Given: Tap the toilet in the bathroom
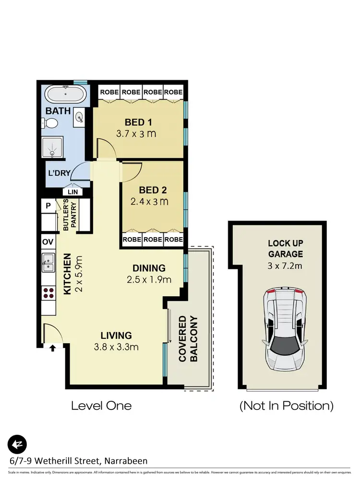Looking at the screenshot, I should pyautogui.click(x=51, y=124).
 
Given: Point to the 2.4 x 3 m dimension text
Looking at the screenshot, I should pyautogui.click(x=149, y=202).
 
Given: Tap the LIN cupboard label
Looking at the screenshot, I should pyautogui.click(x=72, y=192).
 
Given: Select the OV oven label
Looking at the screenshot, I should pyautogui.click(x=48, y=241).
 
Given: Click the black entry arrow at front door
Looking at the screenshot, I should pyautogui.click(x=52, y=348).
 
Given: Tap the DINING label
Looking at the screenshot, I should pyautogui.click(x=149, y=268).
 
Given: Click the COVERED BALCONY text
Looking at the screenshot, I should pyautogui.click(x=188, y=338).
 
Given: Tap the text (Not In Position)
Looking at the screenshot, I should pyautogui.click(x=286, y=406).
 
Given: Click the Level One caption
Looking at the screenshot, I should pyautogui.click(x=101, y=406).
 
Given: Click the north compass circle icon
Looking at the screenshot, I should pyautogui.click(x=17, y=444).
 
